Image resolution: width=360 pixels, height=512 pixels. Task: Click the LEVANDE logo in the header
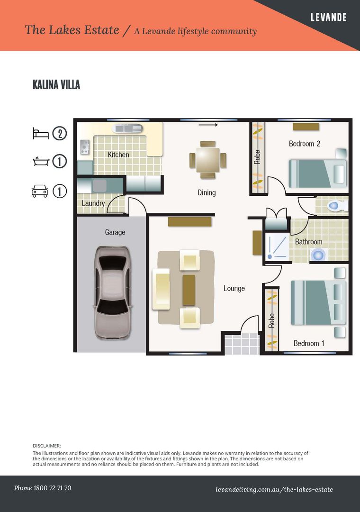[x=328, y=18]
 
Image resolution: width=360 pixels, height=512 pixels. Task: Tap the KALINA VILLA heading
[x=56, y=85]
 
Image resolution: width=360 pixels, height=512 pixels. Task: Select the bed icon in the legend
[x=40, y=133]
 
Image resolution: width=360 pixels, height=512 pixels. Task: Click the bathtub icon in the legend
[x=40, y=161]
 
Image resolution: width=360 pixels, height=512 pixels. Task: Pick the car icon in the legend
[x=40, y=191]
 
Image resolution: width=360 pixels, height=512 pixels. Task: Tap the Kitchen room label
[x=118, y=155]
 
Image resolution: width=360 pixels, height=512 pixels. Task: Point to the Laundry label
[x=93, y=203]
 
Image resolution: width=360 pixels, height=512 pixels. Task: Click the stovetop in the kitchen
[x=85, y=147]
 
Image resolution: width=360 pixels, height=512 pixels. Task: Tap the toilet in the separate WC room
[x=338, y=206]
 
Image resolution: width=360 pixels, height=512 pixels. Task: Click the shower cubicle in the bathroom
[x=276, y=247]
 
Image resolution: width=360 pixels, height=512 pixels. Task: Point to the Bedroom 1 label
[x=309, y=343]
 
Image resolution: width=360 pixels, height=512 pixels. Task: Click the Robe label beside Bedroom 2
[x=258, y=157]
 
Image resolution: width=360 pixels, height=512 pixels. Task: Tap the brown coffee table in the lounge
[x=189, y=289]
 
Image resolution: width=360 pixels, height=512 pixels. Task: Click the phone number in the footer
[x=43, y=488]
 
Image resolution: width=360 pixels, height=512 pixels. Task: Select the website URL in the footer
[x=274, y=489]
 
